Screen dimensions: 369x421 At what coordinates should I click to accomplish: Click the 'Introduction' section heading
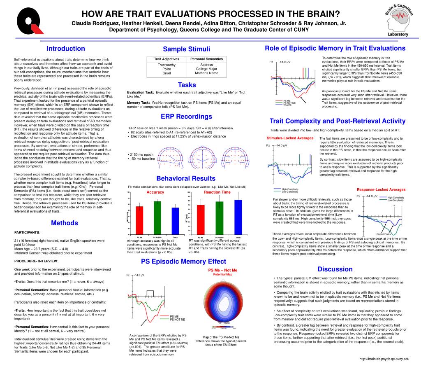[x=66, y=49]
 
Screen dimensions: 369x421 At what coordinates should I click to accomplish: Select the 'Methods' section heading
[x=64, y=223]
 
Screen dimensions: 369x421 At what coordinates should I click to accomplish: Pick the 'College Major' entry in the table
[x=206, y=69]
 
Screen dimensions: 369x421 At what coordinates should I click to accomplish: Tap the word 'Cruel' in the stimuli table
[x=167, y=73]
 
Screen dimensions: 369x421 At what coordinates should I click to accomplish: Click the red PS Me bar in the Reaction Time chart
[x=201, y=220]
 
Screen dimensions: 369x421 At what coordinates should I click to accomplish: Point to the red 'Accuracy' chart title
[x=155, y=192]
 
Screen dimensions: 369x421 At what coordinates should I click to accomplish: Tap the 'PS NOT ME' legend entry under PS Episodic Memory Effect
[x=177, y=320]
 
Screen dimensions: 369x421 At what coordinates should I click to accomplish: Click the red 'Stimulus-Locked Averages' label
[x=290, y=138]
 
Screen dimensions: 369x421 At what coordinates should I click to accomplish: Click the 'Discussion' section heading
[x=335, y=269]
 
